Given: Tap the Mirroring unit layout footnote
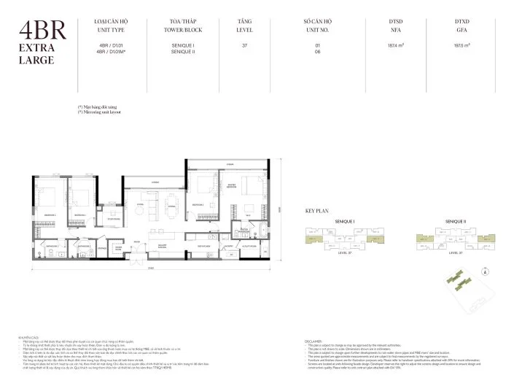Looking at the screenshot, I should (x=100, y=112).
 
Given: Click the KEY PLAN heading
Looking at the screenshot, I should (x=318, y=210).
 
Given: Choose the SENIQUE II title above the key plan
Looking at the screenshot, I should (x=456, y=220).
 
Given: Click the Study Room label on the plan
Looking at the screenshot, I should (x=114, y=218).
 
